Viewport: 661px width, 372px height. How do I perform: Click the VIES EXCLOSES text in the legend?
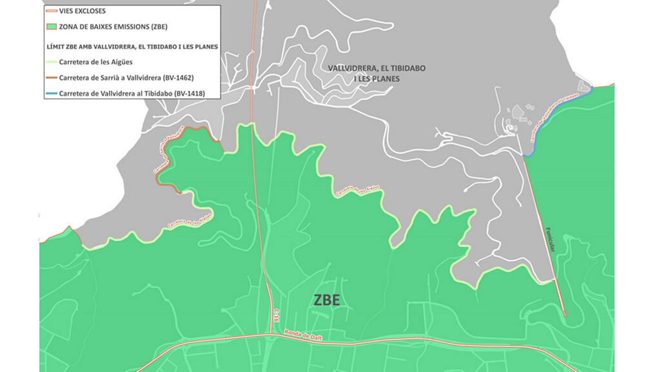coord(82,11)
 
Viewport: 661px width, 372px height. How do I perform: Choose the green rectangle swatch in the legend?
coord(50,26)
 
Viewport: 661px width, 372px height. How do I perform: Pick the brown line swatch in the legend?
coord(50,78)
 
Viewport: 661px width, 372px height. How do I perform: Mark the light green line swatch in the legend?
coord(50,62)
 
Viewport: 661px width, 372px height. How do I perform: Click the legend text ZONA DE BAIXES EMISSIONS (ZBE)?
coord(113,26)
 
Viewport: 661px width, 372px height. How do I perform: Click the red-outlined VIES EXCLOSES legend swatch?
coord(50,11)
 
